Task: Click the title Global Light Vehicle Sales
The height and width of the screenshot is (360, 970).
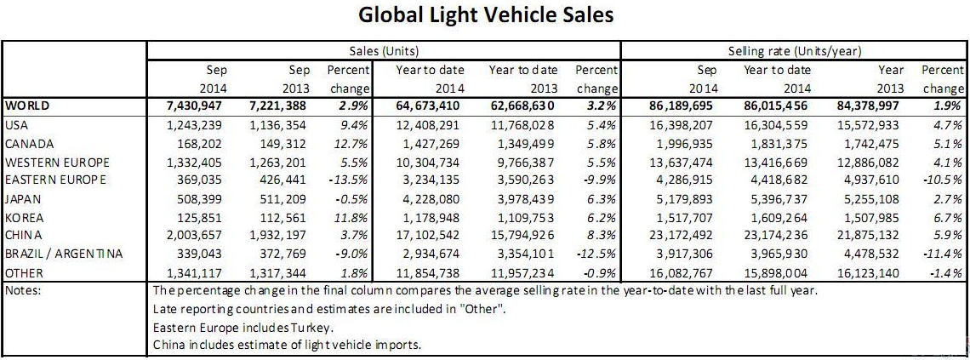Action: [x=486, y=16]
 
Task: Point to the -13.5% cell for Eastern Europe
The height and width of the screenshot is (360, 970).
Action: [x=351, y=180]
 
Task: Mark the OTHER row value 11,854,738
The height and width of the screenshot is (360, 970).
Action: [x=429, y=272]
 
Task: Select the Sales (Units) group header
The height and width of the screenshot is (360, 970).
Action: [x=384, y=52]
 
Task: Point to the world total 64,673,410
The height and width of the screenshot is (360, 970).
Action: [x=429, y=107]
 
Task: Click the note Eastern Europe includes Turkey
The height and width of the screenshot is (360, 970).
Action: [x=242, y=327]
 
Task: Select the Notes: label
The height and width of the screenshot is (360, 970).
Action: [x=26, y=290]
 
